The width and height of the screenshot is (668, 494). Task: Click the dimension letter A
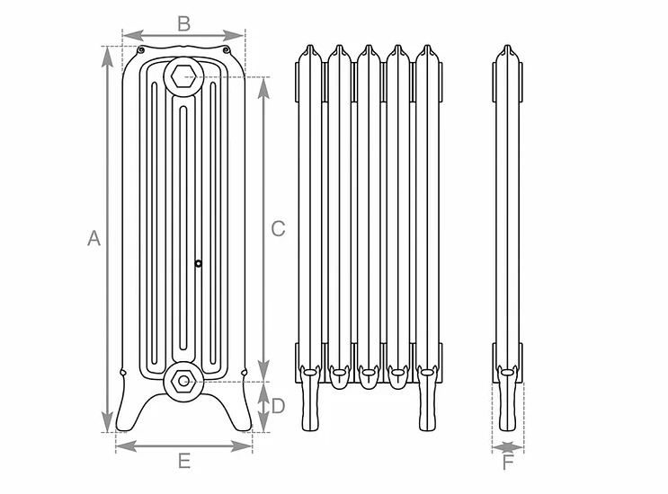(94, 239)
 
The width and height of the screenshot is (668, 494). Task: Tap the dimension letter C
(278, 228)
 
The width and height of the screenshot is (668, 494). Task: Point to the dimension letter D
(278, 406)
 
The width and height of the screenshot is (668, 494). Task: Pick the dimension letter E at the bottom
(183, 462)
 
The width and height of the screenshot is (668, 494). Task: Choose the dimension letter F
(508, 463)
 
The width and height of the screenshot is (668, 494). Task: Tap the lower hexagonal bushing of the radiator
(183, 380)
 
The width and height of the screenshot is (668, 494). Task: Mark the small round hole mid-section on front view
(199, 263)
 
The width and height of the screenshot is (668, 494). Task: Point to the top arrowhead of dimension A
(108, 54)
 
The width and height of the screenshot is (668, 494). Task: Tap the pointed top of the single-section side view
(508, 49)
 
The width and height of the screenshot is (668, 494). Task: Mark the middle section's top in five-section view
(369, 50)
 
